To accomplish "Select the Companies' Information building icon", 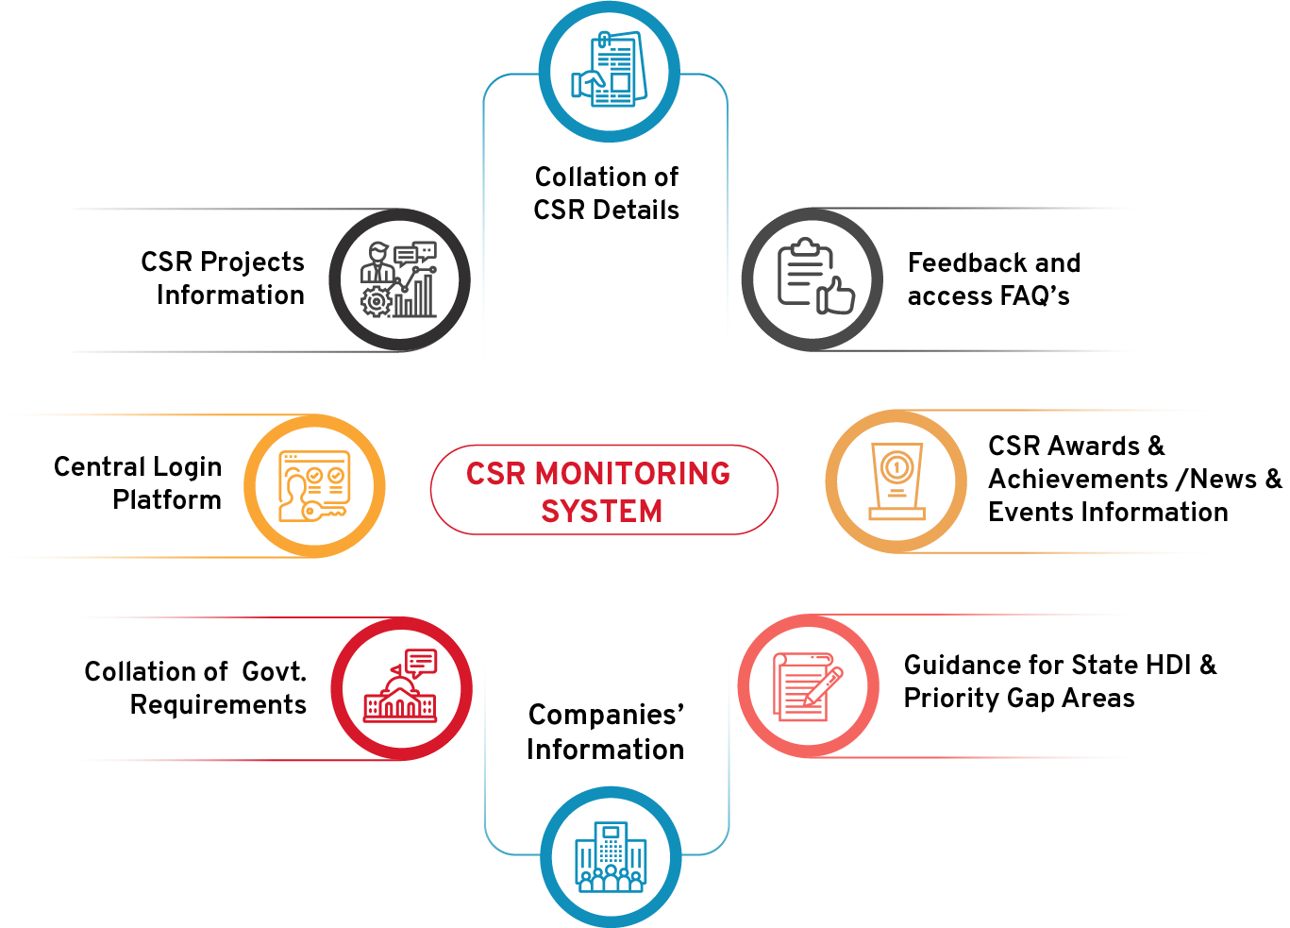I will tap(611, 856).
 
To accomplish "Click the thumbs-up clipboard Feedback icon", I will tap(813, 278).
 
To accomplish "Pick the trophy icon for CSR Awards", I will tap(896, 481).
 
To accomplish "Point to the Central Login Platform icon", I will tap(314, 485).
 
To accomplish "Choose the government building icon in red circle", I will tap(401, 688).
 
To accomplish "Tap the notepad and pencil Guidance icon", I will tap(808, 686).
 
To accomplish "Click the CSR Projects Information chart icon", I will tap(399, 279).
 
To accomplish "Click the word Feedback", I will tap(953, 262).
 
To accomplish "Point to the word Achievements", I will tap(1078, 479).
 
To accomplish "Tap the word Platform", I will tap(167, 499).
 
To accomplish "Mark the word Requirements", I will tap(218, 705).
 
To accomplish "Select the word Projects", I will tap(252, 262).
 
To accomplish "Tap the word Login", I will tap(187, 467).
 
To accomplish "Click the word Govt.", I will tap(274, 672).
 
